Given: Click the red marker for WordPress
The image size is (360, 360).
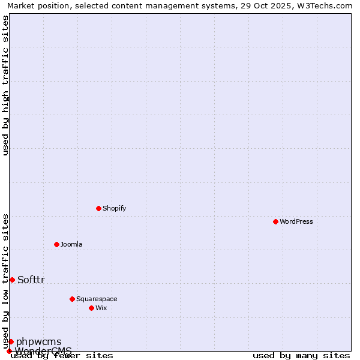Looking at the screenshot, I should pyautogui.click(x=275, y=221).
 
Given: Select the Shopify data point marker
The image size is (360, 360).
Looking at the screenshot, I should pyautogui.click(x=98, y=208).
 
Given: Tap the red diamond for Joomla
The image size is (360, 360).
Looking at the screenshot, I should pyautogui.click(x=56, y=244).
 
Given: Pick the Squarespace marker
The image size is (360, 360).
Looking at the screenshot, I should pyautogui.click(x=72, y=299).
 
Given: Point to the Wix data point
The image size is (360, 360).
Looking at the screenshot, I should pyautogui.click(x=91, y=308).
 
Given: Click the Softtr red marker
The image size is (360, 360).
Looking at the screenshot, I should pyautogui.click(x=12, y=280).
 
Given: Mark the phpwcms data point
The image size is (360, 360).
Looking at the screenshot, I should pyautogui.click(x=11, y=341).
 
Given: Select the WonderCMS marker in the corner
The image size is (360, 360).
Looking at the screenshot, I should pyautogui.click(x=9, y=351).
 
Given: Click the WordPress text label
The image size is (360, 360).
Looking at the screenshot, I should pyautogui.click(x=296, y=221).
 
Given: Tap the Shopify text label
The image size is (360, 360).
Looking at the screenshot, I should pyautogui.click(x=115, y=208).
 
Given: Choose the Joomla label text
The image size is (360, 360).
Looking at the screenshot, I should pyautogui.click(x=71, y=244).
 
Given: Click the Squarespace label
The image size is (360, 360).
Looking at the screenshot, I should pyautogui.click(x=97, y=299).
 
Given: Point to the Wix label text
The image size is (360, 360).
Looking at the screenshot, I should pyautogui.click(x=101, y=308).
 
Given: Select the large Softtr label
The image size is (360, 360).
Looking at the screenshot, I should pyautogui.click(x=31, y=280).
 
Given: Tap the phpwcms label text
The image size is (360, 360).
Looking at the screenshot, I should pyautogui.click(x=38, y=341).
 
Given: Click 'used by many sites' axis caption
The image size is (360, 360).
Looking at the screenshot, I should pyautogui.click(x=301, y=355).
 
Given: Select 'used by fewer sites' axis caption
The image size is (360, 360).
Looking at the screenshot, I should pyautogui.click(x=62, y=355).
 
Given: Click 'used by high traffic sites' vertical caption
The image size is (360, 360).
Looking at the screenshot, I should pyautogui.click(x=5, y=85).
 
